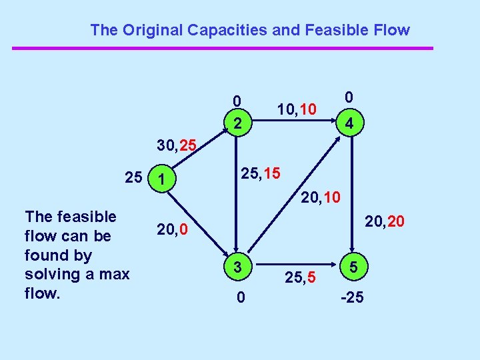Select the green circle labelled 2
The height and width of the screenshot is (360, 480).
coord(237,123)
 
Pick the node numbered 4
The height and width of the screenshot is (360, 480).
coord(348,123)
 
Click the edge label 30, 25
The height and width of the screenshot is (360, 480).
coord(176,143)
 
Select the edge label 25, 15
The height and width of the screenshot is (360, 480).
coord(260,174)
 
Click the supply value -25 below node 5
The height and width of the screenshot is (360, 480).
coord(351,297)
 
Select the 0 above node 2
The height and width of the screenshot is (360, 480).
coord(237,101)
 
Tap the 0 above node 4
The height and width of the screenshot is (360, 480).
coord(348,97)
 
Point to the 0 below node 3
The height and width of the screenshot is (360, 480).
coord(240,298)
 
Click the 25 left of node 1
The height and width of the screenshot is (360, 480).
coord(133,178)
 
